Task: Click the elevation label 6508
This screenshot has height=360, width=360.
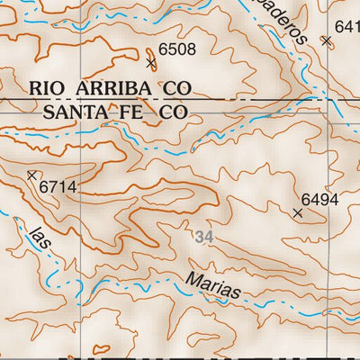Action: tap(176, 49)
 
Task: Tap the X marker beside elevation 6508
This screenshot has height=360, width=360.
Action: tap(151, 62)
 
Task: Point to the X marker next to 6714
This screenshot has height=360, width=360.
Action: tap(32, 175)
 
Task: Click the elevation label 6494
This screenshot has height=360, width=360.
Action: tap(319, 200)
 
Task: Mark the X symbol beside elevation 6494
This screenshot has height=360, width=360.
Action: tap(298, 213)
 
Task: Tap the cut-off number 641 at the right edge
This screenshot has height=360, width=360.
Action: tap(346, 27)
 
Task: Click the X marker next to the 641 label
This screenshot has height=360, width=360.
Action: tap(327, 40)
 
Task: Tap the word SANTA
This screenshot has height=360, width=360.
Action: tap(75, 112)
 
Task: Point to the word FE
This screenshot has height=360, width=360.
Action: tap(135, 112)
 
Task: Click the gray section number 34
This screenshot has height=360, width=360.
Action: tap(204, 237)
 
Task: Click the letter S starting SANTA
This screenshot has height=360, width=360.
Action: tap(49, 112)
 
